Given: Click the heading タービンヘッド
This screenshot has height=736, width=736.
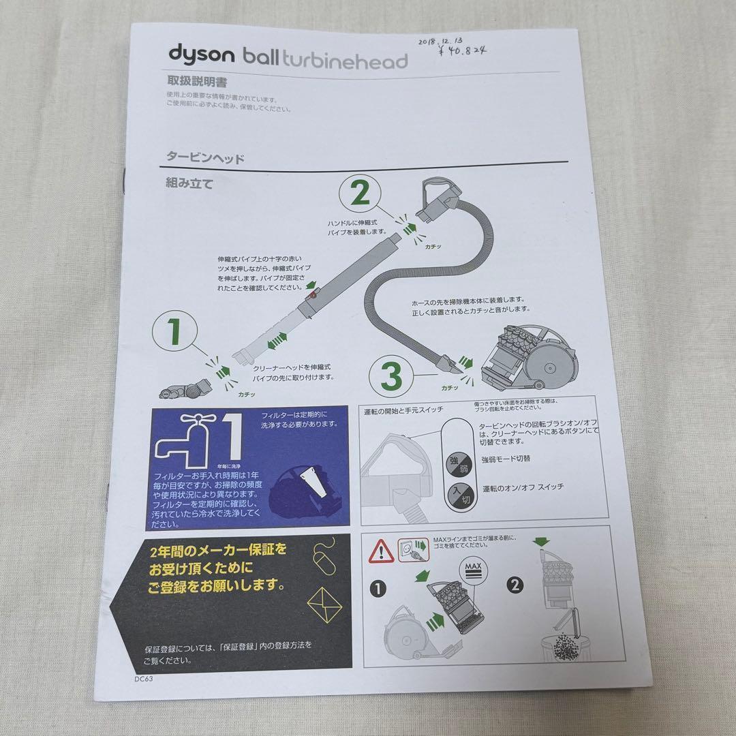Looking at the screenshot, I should [x=205, y=157].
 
